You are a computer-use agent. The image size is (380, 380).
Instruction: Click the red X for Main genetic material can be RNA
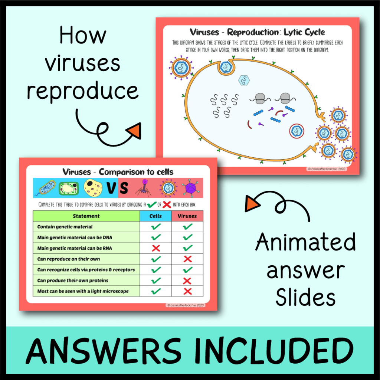click(156, 248)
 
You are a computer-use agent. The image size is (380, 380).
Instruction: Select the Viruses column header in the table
click(187, 216)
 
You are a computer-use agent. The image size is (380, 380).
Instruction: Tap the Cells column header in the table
click(155, 216)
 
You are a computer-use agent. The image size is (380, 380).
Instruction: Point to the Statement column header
click(86, 216)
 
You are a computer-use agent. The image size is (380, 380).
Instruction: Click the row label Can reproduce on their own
click(68, 259)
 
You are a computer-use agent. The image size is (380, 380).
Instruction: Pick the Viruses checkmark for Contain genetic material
click(187, 226)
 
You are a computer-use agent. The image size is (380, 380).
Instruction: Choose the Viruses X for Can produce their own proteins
click(187, 280)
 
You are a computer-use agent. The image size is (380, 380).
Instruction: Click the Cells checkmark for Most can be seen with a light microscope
click(156, 291)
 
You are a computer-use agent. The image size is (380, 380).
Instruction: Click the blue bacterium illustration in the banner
click(45, 188)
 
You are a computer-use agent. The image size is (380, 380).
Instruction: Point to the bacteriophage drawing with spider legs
click(142, 187)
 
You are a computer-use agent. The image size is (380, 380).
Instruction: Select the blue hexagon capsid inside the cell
click(243, 80)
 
